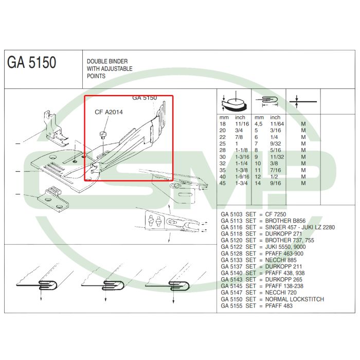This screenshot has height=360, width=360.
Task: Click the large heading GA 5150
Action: tap(32, 63)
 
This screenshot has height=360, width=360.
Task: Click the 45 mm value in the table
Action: tap(223, 184)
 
